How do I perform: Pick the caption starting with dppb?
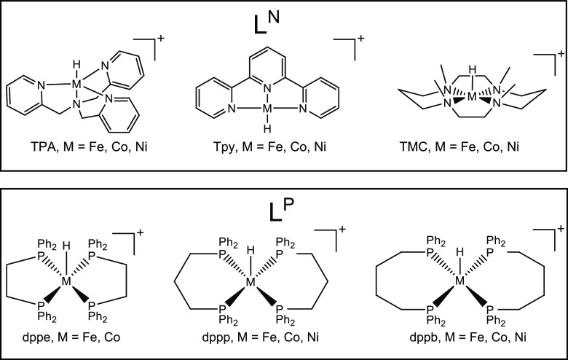point(457,338)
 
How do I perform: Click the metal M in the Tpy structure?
point(267,110)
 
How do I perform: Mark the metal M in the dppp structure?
point(251,281)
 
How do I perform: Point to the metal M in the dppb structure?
point(459,281)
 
